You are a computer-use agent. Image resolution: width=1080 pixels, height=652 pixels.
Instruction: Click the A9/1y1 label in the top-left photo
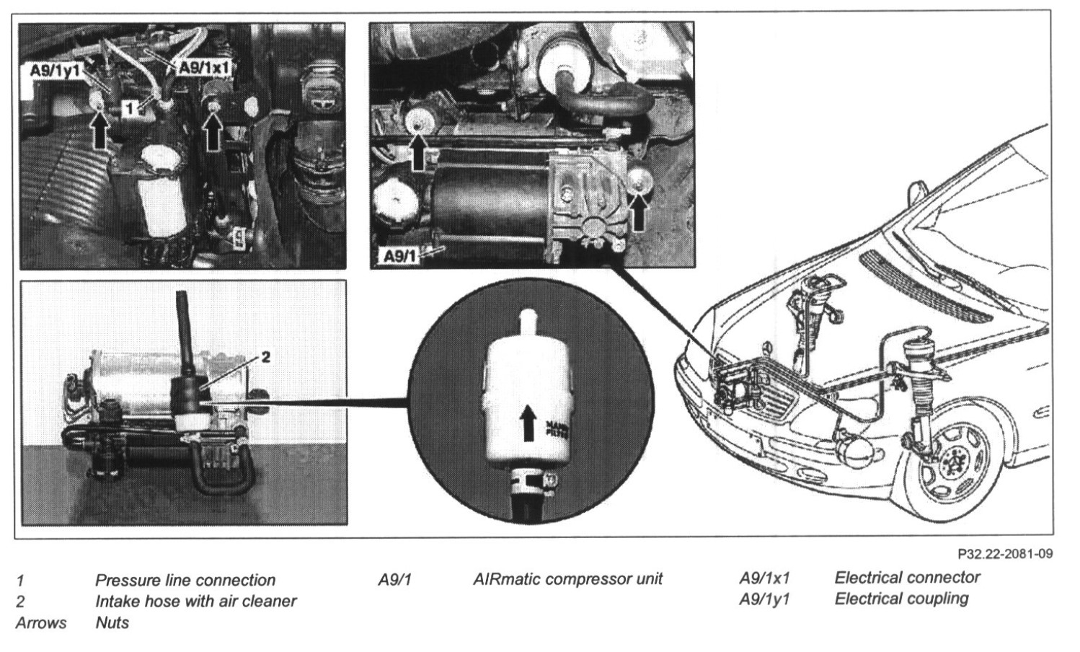click(x=55, y=70)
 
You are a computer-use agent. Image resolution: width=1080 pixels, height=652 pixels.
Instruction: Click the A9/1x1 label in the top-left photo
click(x=203, y=67)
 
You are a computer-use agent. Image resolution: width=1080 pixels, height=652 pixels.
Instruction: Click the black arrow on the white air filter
click(x=530, y=423)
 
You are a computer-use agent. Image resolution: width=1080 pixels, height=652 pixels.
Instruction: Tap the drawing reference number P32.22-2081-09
click(x=1006, y=555)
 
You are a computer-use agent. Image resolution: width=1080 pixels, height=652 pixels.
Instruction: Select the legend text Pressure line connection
click(x=185, y=580)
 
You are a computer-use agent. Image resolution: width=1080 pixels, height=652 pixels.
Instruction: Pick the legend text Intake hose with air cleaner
click(x=195, y=600)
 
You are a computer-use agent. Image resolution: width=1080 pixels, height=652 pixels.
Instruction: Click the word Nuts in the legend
click(x=112, y=622)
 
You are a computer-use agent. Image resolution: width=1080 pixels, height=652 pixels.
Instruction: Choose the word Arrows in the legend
click(x=40, y=622)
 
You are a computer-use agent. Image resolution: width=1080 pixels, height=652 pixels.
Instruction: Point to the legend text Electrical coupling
click(x=901, y=598)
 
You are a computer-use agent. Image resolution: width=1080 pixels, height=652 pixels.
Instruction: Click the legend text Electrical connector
click(x=907, y=577)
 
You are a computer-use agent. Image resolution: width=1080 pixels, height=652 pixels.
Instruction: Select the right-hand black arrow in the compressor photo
click(x=639, y=210)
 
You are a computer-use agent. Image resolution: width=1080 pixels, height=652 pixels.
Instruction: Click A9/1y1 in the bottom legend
click(x=764, y=599)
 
